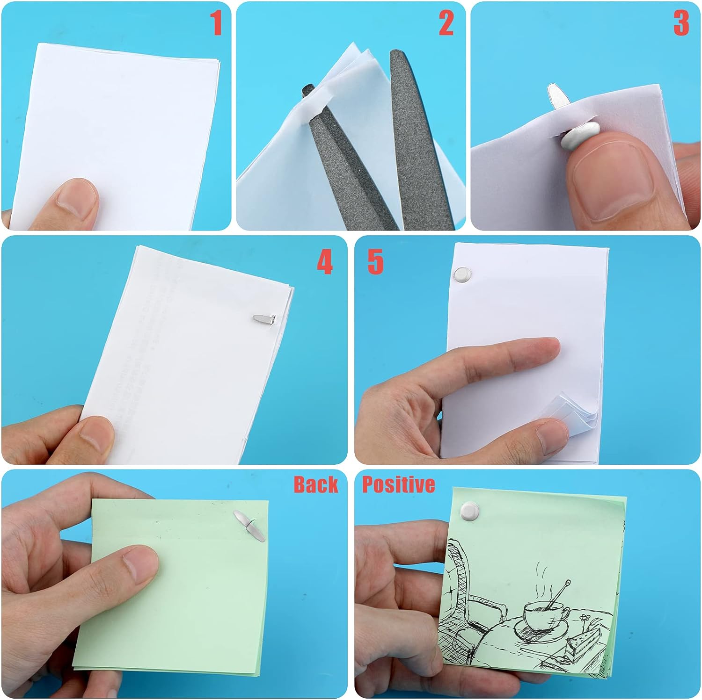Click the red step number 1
[x=216, y=23]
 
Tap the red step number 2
[x=446, y=23]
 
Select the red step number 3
[x=681, y=23]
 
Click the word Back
[x=316, y=484]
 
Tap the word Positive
[x=399, y=485]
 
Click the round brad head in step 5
[x=462, y=274]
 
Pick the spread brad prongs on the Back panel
[x=249, y=526]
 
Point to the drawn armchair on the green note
[x=473, y=603]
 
